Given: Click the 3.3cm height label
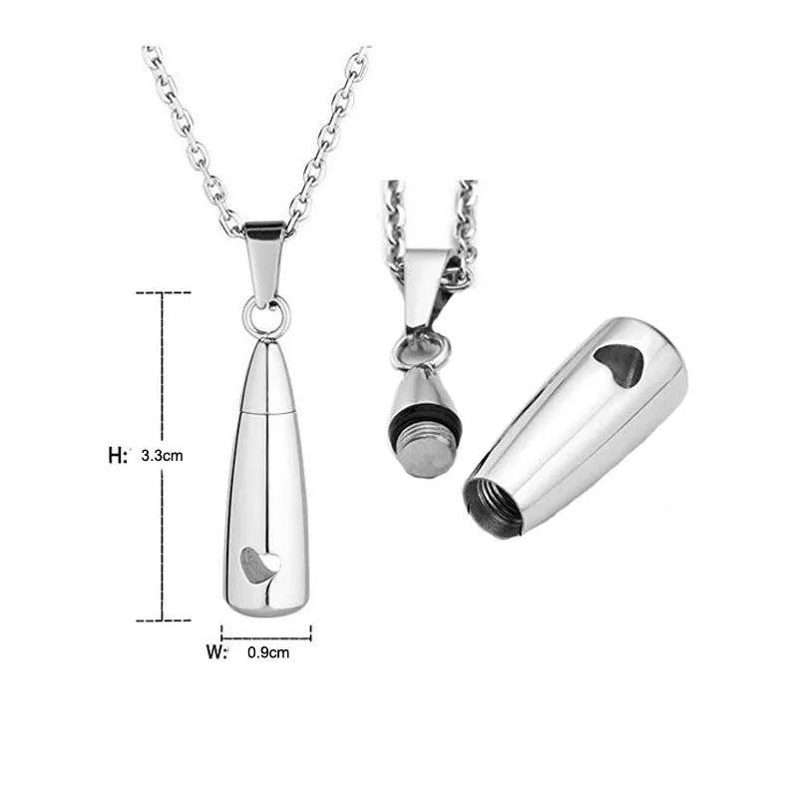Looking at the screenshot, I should [x=163, y=455].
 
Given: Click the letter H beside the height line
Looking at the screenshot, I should [x=117, y=455].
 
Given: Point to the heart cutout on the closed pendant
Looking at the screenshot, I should [x=260, y=566].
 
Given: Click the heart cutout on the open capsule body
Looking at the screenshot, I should [x=618, y=364].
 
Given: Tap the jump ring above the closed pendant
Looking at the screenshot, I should [x=266, y=317].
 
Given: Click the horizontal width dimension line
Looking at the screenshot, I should [x=266, y=632].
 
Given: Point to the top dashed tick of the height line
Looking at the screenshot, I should [x=163, y=293].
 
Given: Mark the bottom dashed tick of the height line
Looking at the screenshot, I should [x=163, y=619].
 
